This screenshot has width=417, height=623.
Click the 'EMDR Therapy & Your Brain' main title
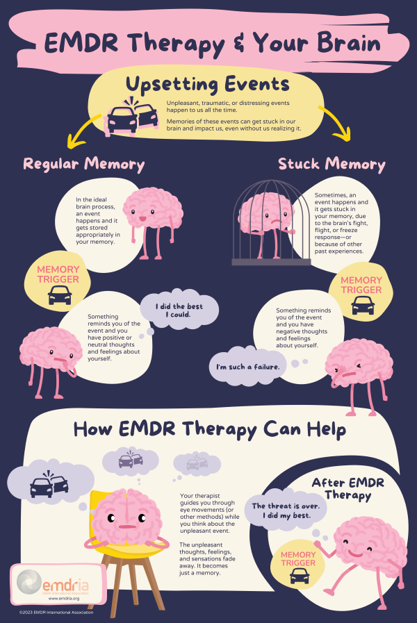212,43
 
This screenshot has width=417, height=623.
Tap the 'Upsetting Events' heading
208,84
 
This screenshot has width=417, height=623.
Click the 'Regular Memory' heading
84,164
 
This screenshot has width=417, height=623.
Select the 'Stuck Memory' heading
332,164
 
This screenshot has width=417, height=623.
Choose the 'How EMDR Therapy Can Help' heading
209,429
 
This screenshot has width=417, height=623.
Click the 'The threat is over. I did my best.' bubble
285,510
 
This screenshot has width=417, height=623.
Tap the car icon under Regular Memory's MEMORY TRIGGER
60,297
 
